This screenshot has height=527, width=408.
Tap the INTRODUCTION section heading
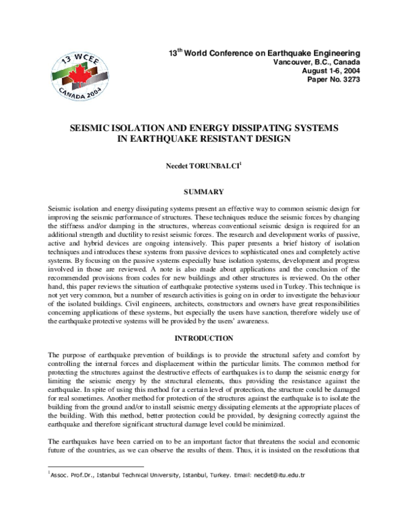click(203, 338)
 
